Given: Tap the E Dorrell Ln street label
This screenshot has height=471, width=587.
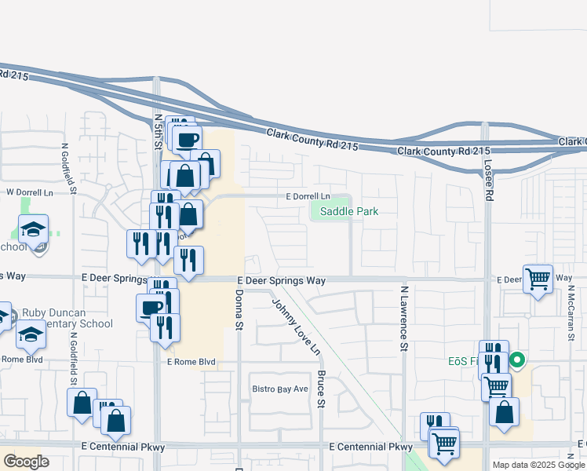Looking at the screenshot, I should pyautogui.click(x=308, y=195).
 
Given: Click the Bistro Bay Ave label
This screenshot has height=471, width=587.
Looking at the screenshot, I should pyautogui.click(x=280, y=389).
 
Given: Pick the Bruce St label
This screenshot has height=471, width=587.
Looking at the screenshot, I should pyautogui.click(x=321, y=389).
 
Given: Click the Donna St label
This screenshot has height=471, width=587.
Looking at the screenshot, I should pyautogui.click(x=239, y=309).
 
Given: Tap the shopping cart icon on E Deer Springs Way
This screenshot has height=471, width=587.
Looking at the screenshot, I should pyautogui.click(x=538, y=278).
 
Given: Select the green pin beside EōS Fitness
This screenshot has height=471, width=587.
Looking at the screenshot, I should pyautogui.click(x=517, y=362).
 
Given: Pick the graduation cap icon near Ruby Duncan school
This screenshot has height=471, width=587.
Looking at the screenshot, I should pyautogui.click(x=31, y=334).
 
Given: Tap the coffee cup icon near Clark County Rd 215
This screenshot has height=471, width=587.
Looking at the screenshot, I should pyautogui.click(x=186, y=141).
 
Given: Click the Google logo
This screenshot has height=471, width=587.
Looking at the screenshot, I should pyautogui.click(x=27, y=462).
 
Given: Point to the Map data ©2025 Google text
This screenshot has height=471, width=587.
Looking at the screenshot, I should pyautogui.click(x=538, y=465).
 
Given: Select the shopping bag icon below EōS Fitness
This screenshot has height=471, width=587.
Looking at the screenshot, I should pyautogui.click(x=504, y=411).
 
